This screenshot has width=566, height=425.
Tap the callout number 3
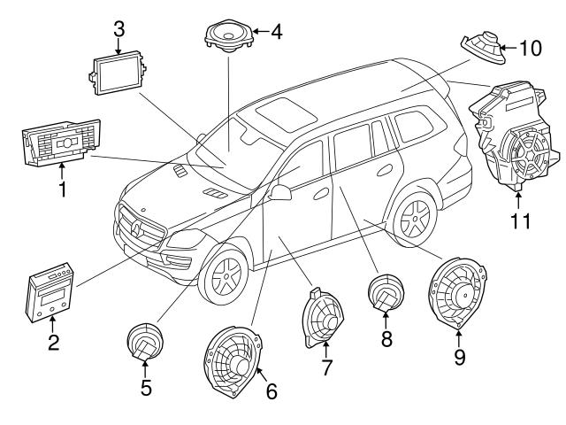click(x=119, y=27)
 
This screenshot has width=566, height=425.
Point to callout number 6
click(x=271, y=390)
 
